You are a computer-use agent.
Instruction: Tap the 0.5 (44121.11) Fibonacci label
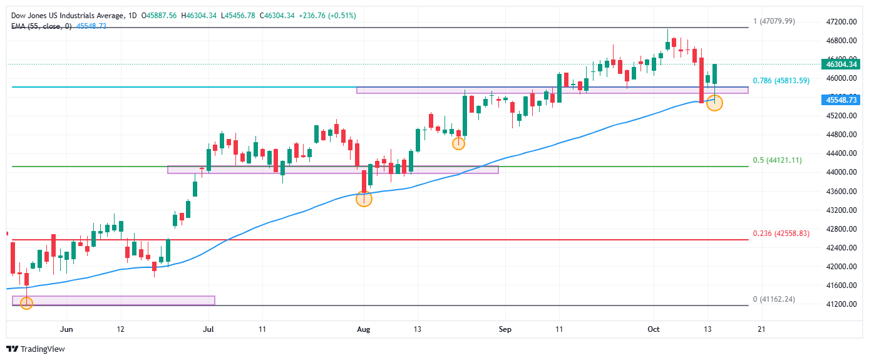pos(777,160)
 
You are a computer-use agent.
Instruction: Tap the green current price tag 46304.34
pos(841,64)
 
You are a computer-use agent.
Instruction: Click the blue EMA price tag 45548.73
pos(841,100)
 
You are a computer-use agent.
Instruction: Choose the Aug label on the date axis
pos(364,329)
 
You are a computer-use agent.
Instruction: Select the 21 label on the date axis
pos(761,329)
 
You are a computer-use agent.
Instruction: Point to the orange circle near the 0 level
pos(26,303)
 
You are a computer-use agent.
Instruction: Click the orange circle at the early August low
pos(364,199)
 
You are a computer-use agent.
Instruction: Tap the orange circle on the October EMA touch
pos(714,103)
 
